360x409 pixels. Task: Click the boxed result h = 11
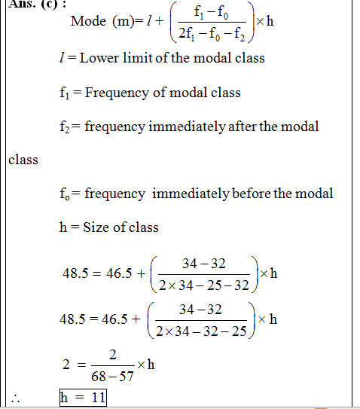point(83,397)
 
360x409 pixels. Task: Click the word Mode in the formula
point(87,20)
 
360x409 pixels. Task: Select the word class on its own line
point(23,160)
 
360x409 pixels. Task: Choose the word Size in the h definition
point(96,227)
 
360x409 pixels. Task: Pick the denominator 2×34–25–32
point(203,286)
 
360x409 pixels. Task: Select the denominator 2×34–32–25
point(203,331)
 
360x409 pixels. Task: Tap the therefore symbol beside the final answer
point(14,398)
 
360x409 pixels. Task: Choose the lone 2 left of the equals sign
point(67,365)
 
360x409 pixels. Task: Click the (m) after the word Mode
point(124,20)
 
